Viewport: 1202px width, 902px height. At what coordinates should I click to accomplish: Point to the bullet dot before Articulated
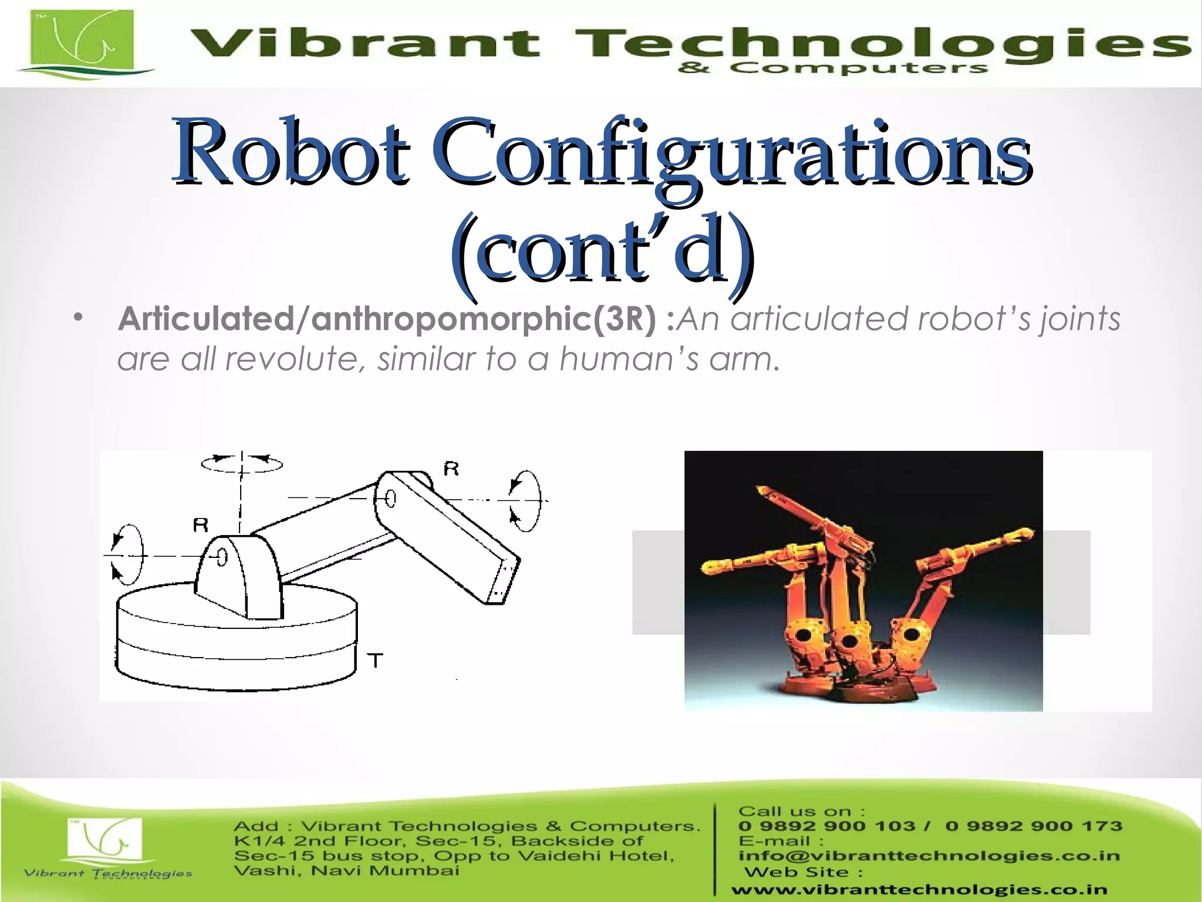(79, 319)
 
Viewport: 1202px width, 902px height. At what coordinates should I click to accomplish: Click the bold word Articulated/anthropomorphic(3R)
(387, 319)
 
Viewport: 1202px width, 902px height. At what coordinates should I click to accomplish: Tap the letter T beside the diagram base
(376, 661)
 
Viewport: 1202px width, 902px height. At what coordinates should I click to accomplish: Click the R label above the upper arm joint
(451, 469)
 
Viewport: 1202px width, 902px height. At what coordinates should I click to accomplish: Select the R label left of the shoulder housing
(201, 524)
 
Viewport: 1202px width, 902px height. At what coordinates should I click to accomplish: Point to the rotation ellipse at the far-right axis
(525, 500)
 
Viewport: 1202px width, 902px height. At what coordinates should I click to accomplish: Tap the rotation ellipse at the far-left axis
(128, 555)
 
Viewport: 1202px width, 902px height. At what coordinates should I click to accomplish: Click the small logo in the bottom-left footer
(106, 846)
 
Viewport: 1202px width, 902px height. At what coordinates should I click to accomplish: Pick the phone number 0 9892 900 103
(826, 826)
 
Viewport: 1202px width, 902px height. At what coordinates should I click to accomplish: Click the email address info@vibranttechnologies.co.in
(929, 856)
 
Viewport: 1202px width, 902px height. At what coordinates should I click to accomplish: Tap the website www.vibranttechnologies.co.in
(919, 890)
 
